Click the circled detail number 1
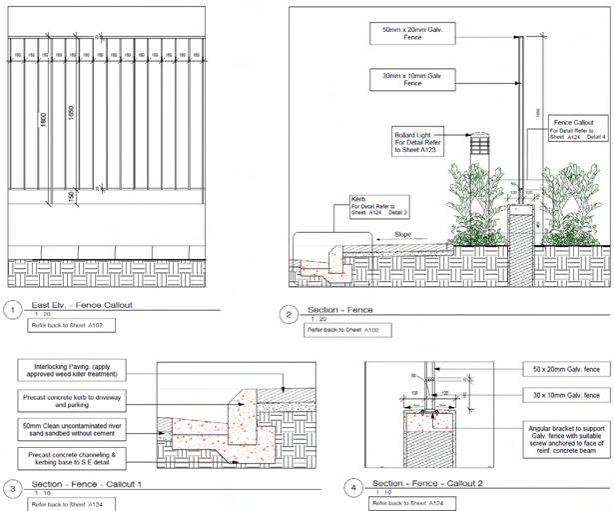pyautogui.click(x=13, y=309)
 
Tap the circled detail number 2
pyautogui.click(x=290, y=315)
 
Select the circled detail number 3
pyautogui.click(x=13, y=489)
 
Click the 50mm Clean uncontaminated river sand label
pyautogui.click(x=80, y=431)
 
